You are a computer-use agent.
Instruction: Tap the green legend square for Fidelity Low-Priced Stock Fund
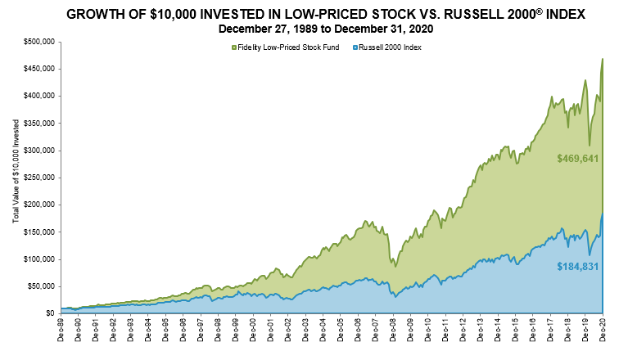(x=234, y=48)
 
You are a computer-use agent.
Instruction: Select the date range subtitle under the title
(x=309, y=29)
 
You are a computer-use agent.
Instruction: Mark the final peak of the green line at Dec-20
(x=603, y=59)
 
